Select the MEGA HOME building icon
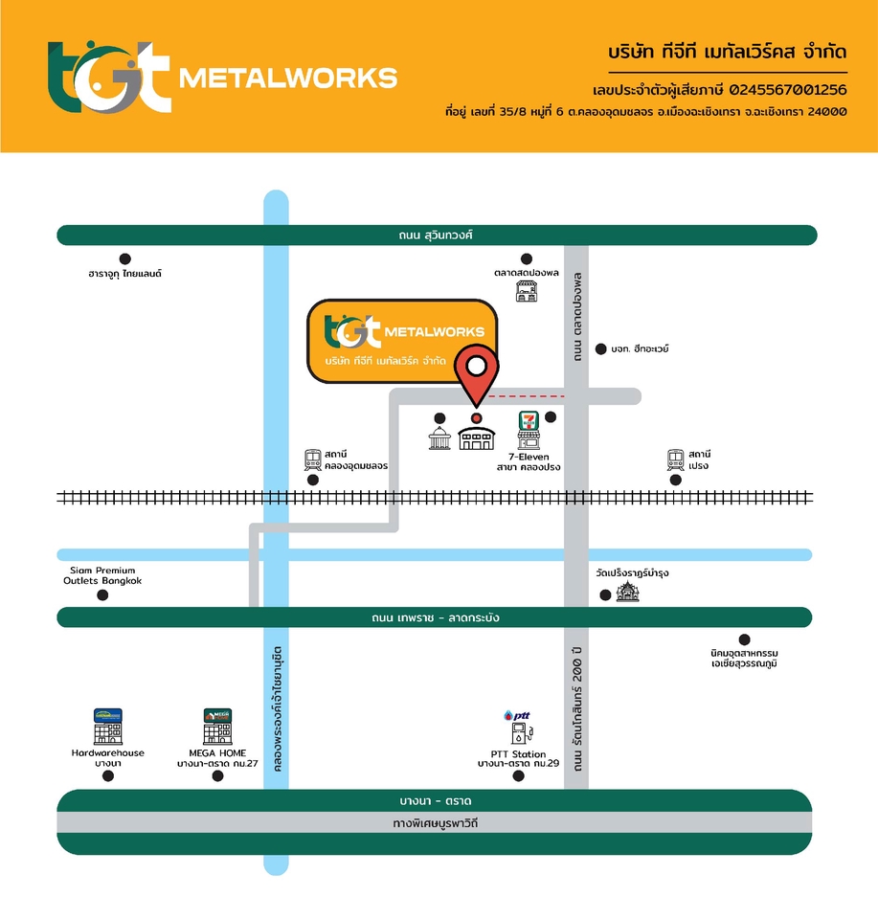(x=217, y=728)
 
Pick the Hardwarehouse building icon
(x=107, y=728)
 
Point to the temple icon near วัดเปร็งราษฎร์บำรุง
(x=628, y=592)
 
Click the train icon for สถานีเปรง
(x=676, y=459)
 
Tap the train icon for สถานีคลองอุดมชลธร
(x=312, y=459)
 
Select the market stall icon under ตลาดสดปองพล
(x=526, y=291)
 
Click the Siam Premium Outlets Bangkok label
(x=102, y=575)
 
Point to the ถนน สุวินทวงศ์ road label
(x=437, y=235)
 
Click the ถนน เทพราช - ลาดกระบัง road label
(x=436, y=617)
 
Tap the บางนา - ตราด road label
(x=436, y=800)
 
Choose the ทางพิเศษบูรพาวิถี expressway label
(x=436, y=822)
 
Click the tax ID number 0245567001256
(x=788, y=90)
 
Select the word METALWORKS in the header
(x=288, y=77)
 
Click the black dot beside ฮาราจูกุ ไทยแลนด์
(x=124, y=258)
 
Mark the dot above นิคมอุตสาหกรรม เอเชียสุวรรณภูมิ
(x=744, y=639)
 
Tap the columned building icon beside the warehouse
(x=439, y=437)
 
